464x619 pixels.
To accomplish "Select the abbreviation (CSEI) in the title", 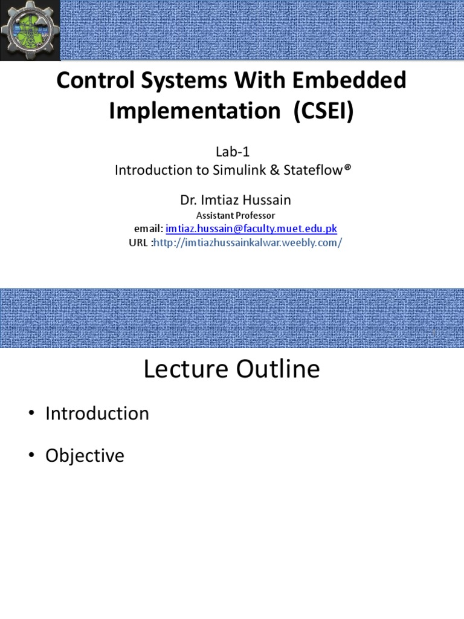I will point(323,111).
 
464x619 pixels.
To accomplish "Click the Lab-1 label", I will point(232,153).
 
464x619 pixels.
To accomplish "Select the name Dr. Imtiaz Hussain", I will point(232,200).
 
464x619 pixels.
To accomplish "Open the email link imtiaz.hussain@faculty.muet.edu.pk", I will point(251,229).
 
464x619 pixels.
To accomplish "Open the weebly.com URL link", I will point(248,243).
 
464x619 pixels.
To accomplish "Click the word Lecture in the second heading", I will point(184,369).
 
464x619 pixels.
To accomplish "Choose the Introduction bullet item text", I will point(97,413).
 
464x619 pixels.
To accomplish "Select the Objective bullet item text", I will point(85,456).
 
